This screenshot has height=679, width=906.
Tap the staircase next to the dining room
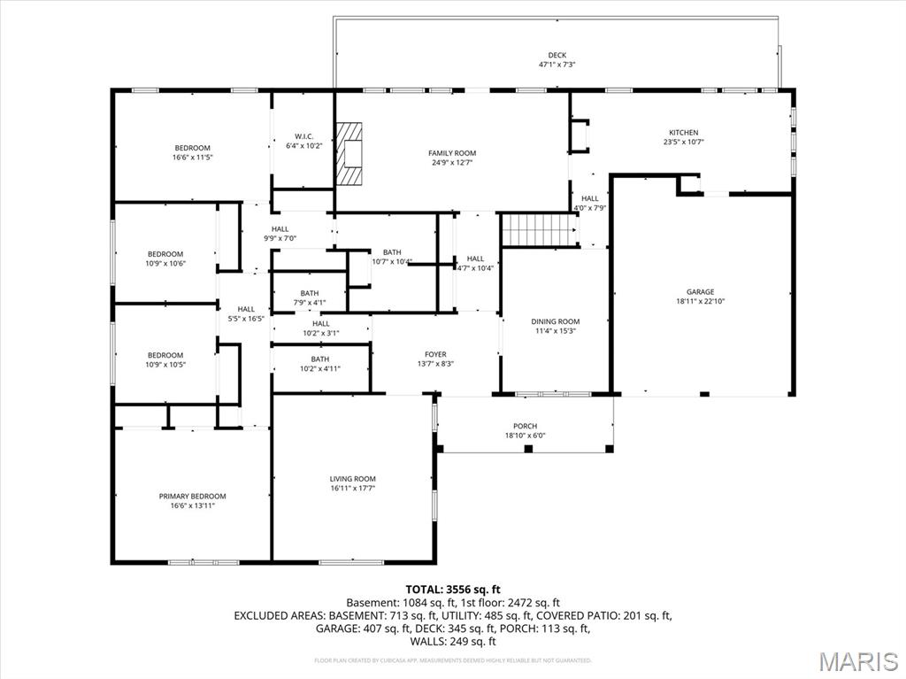click(538, 229)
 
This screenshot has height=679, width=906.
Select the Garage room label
click(700, 291)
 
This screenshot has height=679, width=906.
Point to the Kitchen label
click(683, 132)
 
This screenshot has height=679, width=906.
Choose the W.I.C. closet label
click(304, 136)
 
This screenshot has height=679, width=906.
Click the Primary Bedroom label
click(192, 496)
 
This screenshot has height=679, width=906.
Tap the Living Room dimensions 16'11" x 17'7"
click(353, 488)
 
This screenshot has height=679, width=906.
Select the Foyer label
click(435, 354)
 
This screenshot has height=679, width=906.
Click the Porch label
click(525, 426)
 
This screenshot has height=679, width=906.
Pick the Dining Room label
click(555, 321)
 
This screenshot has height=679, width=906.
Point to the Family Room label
click(452, 153)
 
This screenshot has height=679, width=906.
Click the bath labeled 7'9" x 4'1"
click(309, 298)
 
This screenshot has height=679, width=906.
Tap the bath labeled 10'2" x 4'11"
click(319, 364)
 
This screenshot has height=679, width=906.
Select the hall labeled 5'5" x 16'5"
click(246, 313)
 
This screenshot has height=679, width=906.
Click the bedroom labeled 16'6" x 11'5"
click(192, 152)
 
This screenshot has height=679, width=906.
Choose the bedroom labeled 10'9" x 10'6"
click(165, 258)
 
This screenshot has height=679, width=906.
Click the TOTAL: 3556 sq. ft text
click(453, 589)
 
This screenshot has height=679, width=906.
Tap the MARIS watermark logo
click(858, 661)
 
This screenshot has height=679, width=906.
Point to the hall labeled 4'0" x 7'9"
click(590, 203)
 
